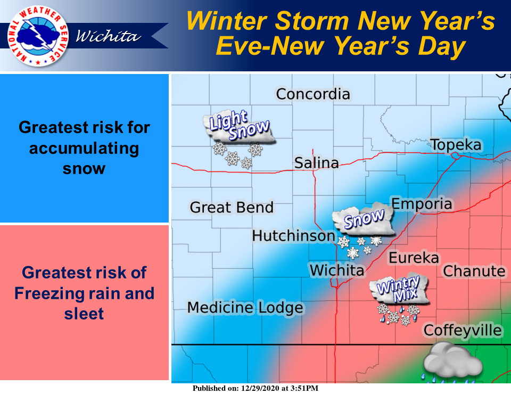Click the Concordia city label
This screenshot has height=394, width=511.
tap(313, 94)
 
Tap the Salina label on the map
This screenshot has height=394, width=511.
tap(316, 163)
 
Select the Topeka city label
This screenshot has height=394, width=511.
tap(456, 145)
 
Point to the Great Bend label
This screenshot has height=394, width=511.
tap(232, 207)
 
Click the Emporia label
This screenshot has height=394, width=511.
tap(422, 204)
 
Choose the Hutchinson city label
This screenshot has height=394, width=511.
tap(294, 236)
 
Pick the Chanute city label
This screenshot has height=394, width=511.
tap(474, 271)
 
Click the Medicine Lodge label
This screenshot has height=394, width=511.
tap(245, 308)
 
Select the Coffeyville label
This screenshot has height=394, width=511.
tap(463, 331)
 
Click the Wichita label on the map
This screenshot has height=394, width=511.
tap(336, 270)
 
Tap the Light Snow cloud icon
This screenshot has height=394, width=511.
tap(240, 139)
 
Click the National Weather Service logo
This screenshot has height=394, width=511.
tap(38, 36)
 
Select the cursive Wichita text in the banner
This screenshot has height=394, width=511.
tap(109, 36)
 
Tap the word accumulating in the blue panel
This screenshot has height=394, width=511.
tap(84, 149)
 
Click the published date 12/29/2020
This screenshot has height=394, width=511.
tap(260, 388)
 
